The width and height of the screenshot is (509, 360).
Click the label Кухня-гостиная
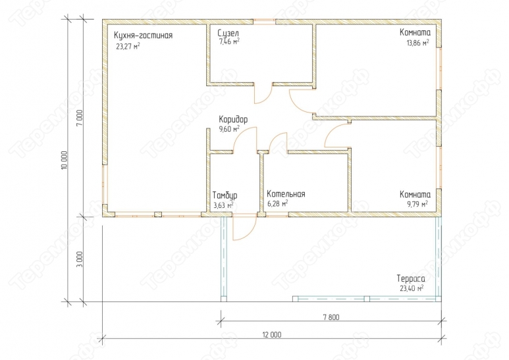[x=143, y=36]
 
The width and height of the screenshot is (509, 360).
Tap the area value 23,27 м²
[x=128, y=46]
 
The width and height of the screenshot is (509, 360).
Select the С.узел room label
[x=228, y=33]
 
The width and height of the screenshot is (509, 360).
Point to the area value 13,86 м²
[x=417, y=43]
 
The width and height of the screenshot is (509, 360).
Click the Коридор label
[x=233, y=119]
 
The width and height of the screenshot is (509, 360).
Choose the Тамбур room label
[x=225, y=195]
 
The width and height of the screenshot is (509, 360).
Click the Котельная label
[x=286, y=194]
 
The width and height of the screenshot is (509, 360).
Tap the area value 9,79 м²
[x=417, y=203]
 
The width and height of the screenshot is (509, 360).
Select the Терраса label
[x=411, y=279]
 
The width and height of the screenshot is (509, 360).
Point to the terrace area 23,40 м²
[x=412, y=288]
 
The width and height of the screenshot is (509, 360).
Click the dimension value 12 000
[x=272, y=335]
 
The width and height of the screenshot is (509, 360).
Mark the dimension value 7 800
[x=331, y=317]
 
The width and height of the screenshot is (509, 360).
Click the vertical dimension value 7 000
[x=80, y=118]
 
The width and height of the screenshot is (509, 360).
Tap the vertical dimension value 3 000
[x=80, y=259]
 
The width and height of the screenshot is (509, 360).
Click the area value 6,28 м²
[x=278, y=203]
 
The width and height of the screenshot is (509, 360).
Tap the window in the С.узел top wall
[x=264, y=22]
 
